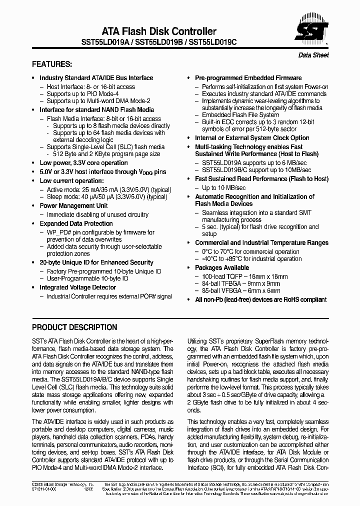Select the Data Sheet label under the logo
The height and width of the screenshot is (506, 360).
pos(313,55)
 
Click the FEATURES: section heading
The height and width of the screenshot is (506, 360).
pos(52,64)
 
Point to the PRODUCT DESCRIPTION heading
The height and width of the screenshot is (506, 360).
pos(74,327)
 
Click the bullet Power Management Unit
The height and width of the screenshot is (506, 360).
pos(73,205)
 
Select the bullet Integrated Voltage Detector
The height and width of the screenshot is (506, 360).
pos(77,287)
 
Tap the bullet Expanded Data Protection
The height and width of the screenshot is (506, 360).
pos(76,223)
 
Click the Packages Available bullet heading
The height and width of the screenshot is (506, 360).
pos(221,268)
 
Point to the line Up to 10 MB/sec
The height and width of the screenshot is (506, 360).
pos(223,187)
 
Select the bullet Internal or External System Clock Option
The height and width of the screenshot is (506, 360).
pos(252,138)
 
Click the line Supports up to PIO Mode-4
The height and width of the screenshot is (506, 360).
pos(82,93)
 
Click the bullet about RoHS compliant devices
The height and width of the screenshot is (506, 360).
pos(253,299)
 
